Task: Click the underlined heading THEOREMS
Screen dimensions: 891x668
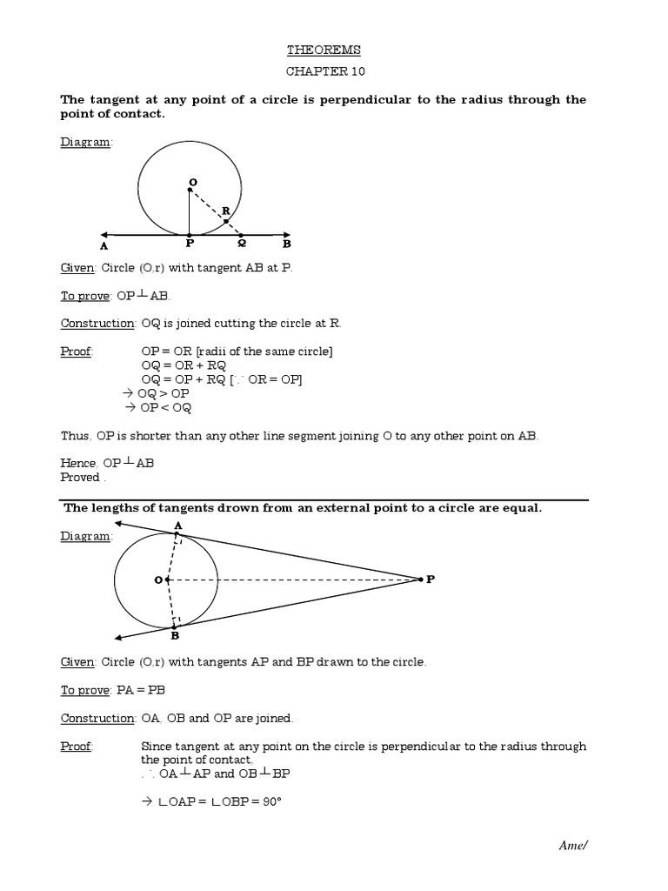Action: [324, 50]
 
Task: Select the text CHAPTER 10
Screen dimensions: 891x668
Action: [324, 73]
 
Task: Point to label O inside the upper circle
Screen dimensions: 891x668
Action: [193, 182]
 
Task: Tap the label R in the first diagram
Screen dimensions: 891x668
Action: [226, 211]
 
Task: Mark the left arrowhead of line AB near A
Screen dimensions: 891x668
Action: [105, 234]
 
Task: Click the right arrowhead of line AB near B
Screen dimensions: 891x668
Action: [285, 234]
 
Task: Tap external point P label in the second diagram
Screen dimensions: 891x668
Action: [429, 579]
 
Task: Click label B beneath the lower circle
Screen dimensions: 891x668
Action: [174, 636]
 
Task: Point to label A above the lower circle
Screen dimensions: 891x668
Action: [177, 525]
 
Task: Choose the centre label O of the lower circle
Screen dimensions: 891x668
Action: [158, 579]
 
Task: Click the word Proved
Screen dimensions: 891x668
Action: [80, 478]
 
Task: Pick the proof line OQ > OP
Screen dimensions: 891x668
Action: [158, 394]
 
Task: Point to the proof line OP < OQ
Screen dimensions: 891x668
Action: [158, 408]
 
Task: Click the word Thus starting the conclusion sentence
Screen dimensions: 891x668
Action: [74, 436]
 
